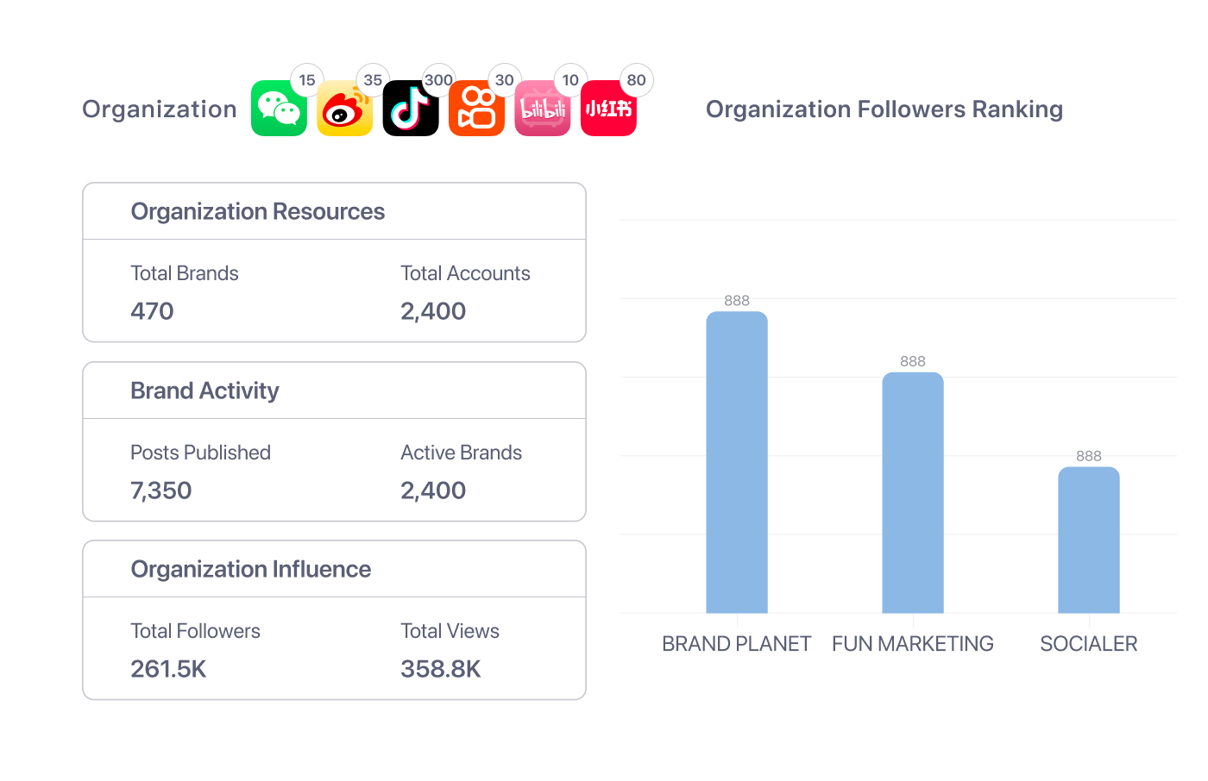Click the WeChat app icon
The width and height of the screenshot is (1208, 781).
(279, 109)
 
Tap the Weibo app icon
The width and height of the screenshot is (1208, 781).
(344, 109)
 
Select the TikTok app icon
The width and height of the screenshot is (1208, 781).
(411, 109)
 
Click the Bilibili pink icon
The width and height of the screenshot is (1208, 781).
(542, 109)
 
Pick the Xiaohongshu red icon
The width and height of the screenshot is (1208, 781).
(608, 109)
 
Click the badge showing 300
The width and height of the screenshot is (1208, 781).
(438, 80)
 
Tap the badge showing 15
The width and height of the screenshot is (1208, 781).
(307, 80)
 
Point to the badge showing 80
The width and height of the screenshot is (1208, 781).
(636, 80)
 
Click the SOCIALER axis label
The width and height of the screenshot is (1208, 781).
(1089, 644)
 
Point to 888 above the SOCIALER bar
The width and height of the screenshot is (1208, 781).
(1089, 456)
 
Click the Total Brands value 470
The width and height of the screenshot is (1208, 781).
(152, 311)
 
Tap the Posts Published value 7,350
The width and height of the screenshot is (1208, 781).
(161, 490)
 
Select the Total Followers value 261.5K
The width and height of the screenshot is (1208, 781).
(168, 669)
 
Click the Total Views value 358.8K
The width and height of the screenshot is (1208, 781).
(441, 669)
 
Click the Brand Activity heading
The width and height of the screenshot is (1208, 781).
(204, 390)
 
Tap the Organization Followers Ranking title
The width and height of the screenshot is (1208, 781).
(884, 109)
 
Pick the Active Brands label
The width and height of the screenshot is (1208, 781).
(461, 453)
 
